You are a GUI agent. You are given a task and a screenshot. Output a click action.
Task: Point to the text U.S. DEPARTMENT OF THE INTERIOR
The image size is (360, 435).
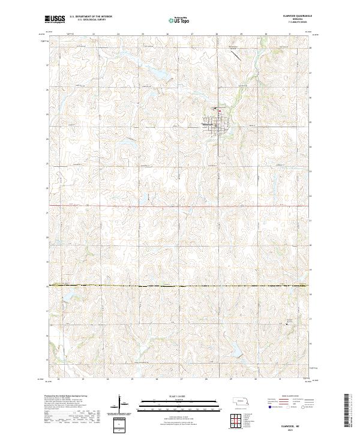tap(91, 17)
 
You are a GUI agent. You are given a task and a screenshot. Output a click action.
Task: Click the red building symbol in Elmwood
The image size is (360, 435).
tap(220, 110)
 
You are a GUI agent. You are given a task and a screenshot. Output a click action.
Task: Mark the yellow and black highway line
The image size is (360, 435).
tap(180, 286)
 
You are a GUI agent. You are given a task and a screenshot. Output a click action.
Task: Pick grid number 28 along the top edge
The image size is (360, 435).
tap(216, 34)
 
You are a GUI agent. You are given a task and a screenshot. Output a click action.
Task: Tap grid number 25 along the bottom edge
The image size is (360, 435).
tap(132, 380)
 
